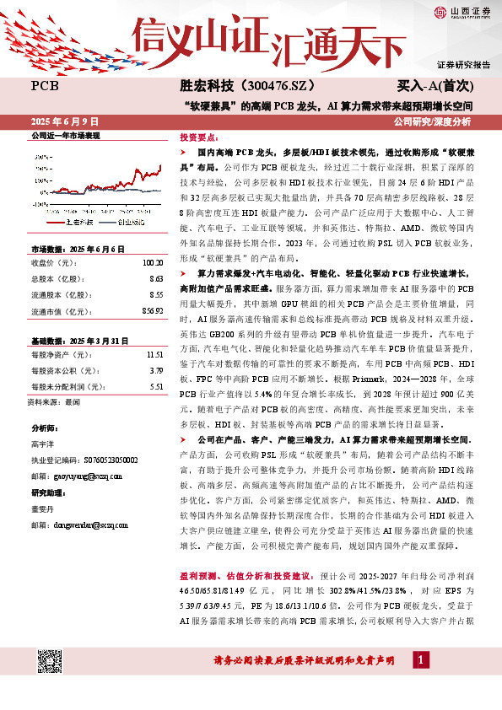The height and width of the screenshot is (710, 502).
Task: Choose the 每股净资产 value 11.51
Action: (x=153, y=331)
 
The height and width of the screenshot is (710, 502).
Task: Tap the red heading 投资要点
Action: (x=197, y=137)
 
